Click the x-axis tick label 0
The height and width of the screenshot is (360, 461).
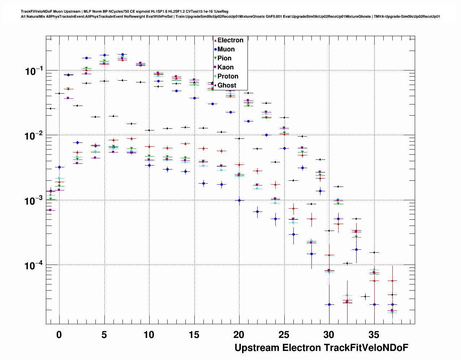(59, 335)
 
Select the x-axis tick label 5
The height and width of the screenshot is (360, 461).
(104, 335)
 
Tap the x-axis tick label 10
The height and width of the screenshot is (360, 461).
(149, 335)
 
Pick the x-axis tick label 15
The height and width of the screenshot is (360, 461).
(194, 335)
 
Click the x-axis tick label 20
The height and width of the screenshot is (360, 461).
(239, 335)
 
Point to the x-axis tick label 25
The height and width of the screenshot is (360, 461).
(284, 335)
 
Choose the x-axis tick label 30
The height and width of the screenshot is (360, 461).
(329, 335)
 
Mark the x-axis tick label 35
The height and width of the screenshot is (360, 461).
(374, 335)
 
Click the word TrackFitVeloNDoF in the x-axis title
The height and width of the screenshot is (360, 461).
(366, 348)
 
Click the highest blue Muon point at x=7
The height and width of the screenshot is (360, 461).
(122, 55)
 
